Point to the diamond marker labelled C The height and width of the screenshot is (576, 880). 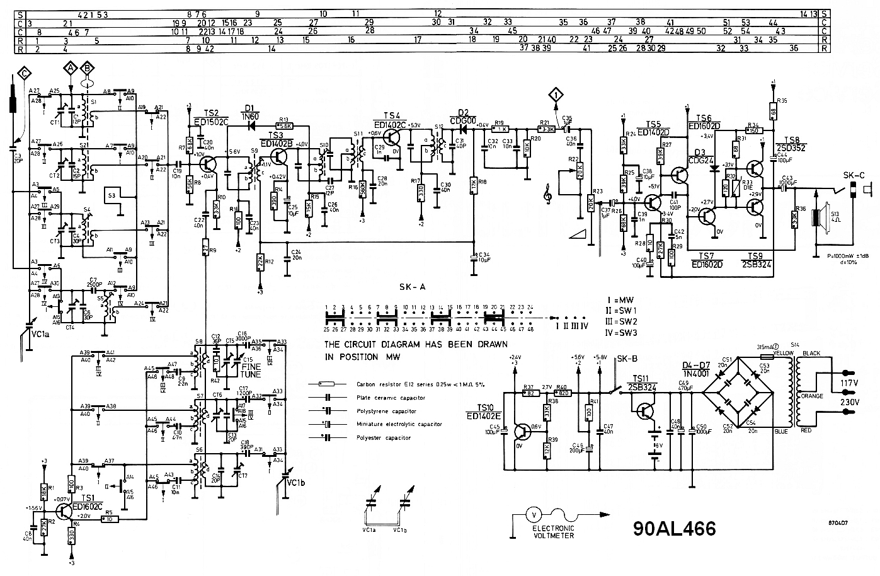pos(24,73)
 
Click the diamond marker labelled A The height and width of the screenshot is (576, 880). pos(71,67)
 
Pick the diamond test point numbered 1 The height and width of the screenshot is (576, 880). pos(556,96)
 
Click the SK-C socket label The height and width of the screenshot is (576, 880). pos(854,175)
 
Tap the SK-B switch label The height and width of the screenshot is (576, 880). pos(627,359)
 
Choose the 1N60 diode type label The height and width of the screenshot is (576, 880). pos(251,116)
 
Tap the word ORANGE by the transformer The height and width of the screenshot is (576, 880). pos(811,396)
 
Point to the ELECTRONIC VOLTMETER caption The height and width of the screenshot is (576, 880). pos(553,532)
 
